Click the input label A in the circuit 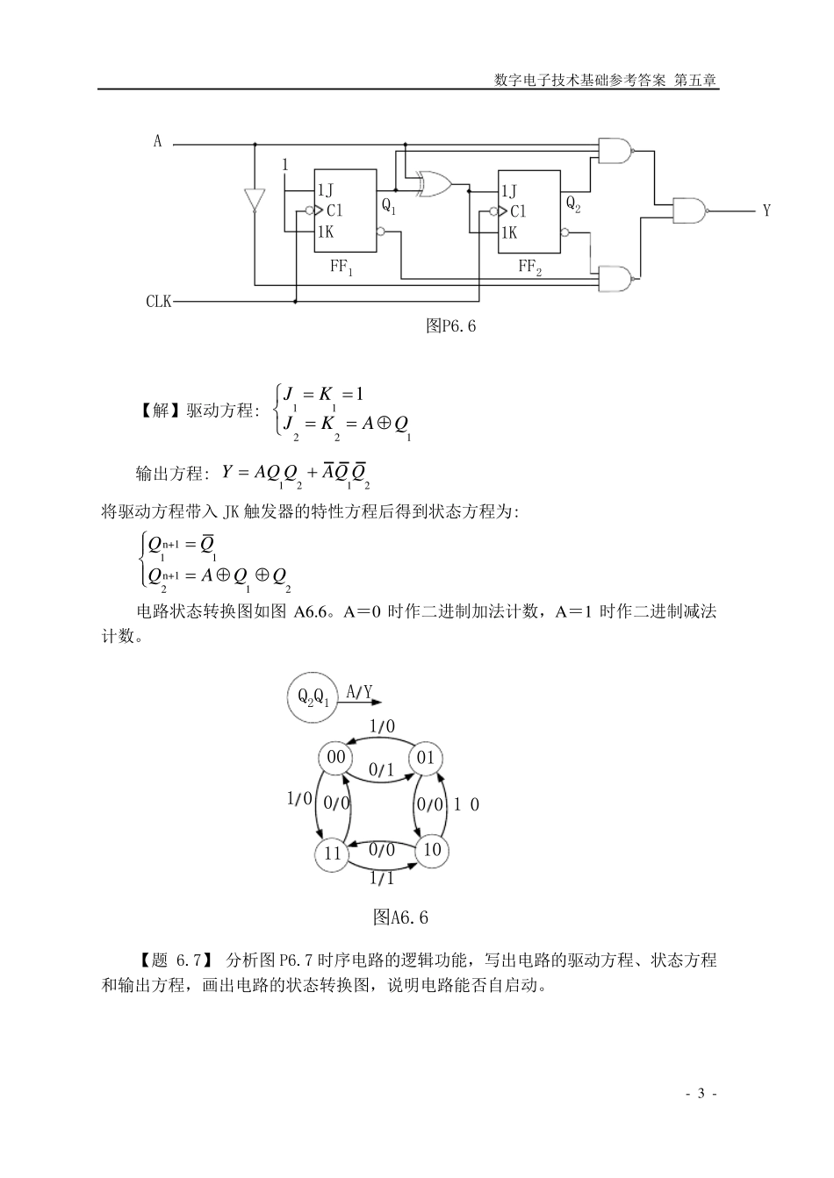pyautogui.click(x=158, y=141)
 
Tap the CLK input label pyautogui.click(x=159, y=302)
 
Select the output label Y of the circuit pyautogui.click(x=766, y=211)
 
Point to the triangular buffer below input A pyautogui.click(x=254, y=199)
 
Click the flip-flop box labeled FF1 pyautogui.click(x=345, y=210)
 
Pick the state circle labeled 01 pyautogui.click(x=426, y=758)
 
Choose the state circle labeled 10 pyautogui.click(x=431, y=850)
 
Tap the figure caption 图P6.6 pyautogui.click(x=450, y=325)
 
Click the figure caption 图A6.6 pyautogui.click(x=400, y=917)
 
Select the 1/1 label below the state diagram pyautogui.click(x=382, y=878)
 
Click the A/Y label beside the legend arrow pyautogui.click(x=359, y=692)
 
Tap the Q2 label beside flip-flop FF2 pyautogui.click(x=573, y=203)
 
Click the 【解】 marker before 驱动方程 pyautogui.click(x=159, y=410)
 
